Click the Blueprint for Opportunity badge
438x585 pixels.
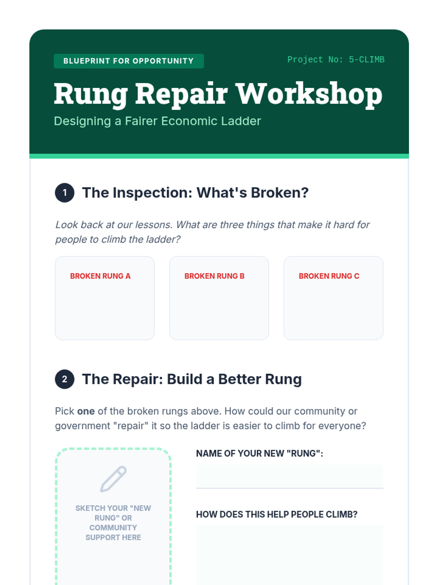point(129,61)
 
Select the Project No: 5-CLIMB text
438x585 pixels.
point(336,60)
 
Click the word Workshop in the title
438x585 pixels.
point(309,94)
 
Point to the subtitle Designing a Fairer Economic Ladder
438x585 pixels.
point(157,121)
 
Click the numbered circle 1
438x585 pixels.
point(65,193)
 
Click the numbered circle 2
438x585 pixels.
point(65,379)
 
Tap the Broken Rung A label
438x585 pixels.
point(100,276)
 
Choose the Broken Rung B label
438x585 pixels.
point(214,276)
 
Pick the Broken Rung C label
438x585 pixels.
point(329,276)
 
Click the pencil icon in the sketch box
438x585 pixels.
point(113,479)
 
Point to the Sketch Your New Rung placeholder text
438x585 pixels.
point(113,522)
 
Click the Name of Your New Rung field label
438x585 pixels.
point(260,453)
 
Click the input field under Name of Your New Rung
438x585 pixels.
point(289,477)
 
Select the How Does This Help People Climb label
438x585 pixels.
point(277,514)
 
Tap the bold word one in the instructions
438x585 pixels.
point(86,411)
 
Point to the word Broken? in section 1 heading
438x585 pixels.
point(280,193)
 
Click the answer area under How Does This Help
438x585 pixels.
point(289,555)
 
